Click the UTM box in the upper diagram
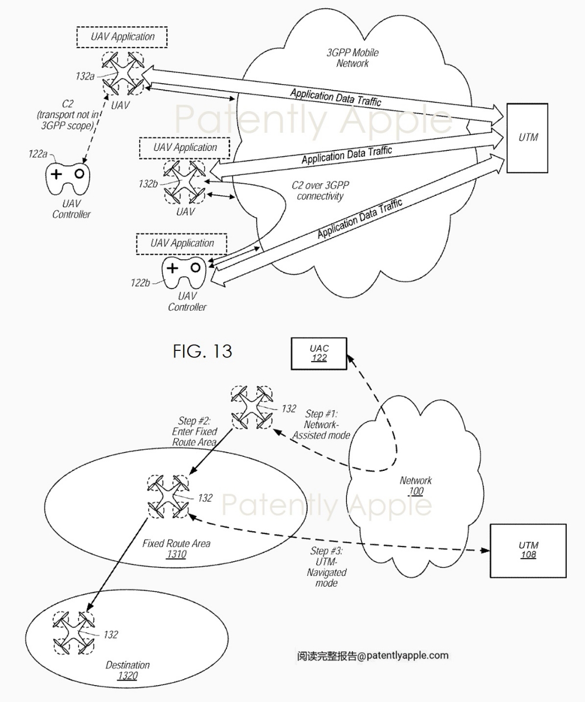click(527, 138)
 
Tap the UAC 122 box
click(319, 353)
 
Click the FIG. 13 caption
click(202, 351)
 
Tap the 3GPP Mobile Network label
click(352, 58)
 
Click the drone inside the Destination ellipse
click(73, 633)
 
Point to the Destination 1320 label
click(128, 670)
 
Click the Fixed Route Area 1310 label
click(176, 549)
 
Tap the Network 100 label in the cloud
click(415, 486)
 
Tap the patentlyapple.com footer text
click(373, 655)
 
